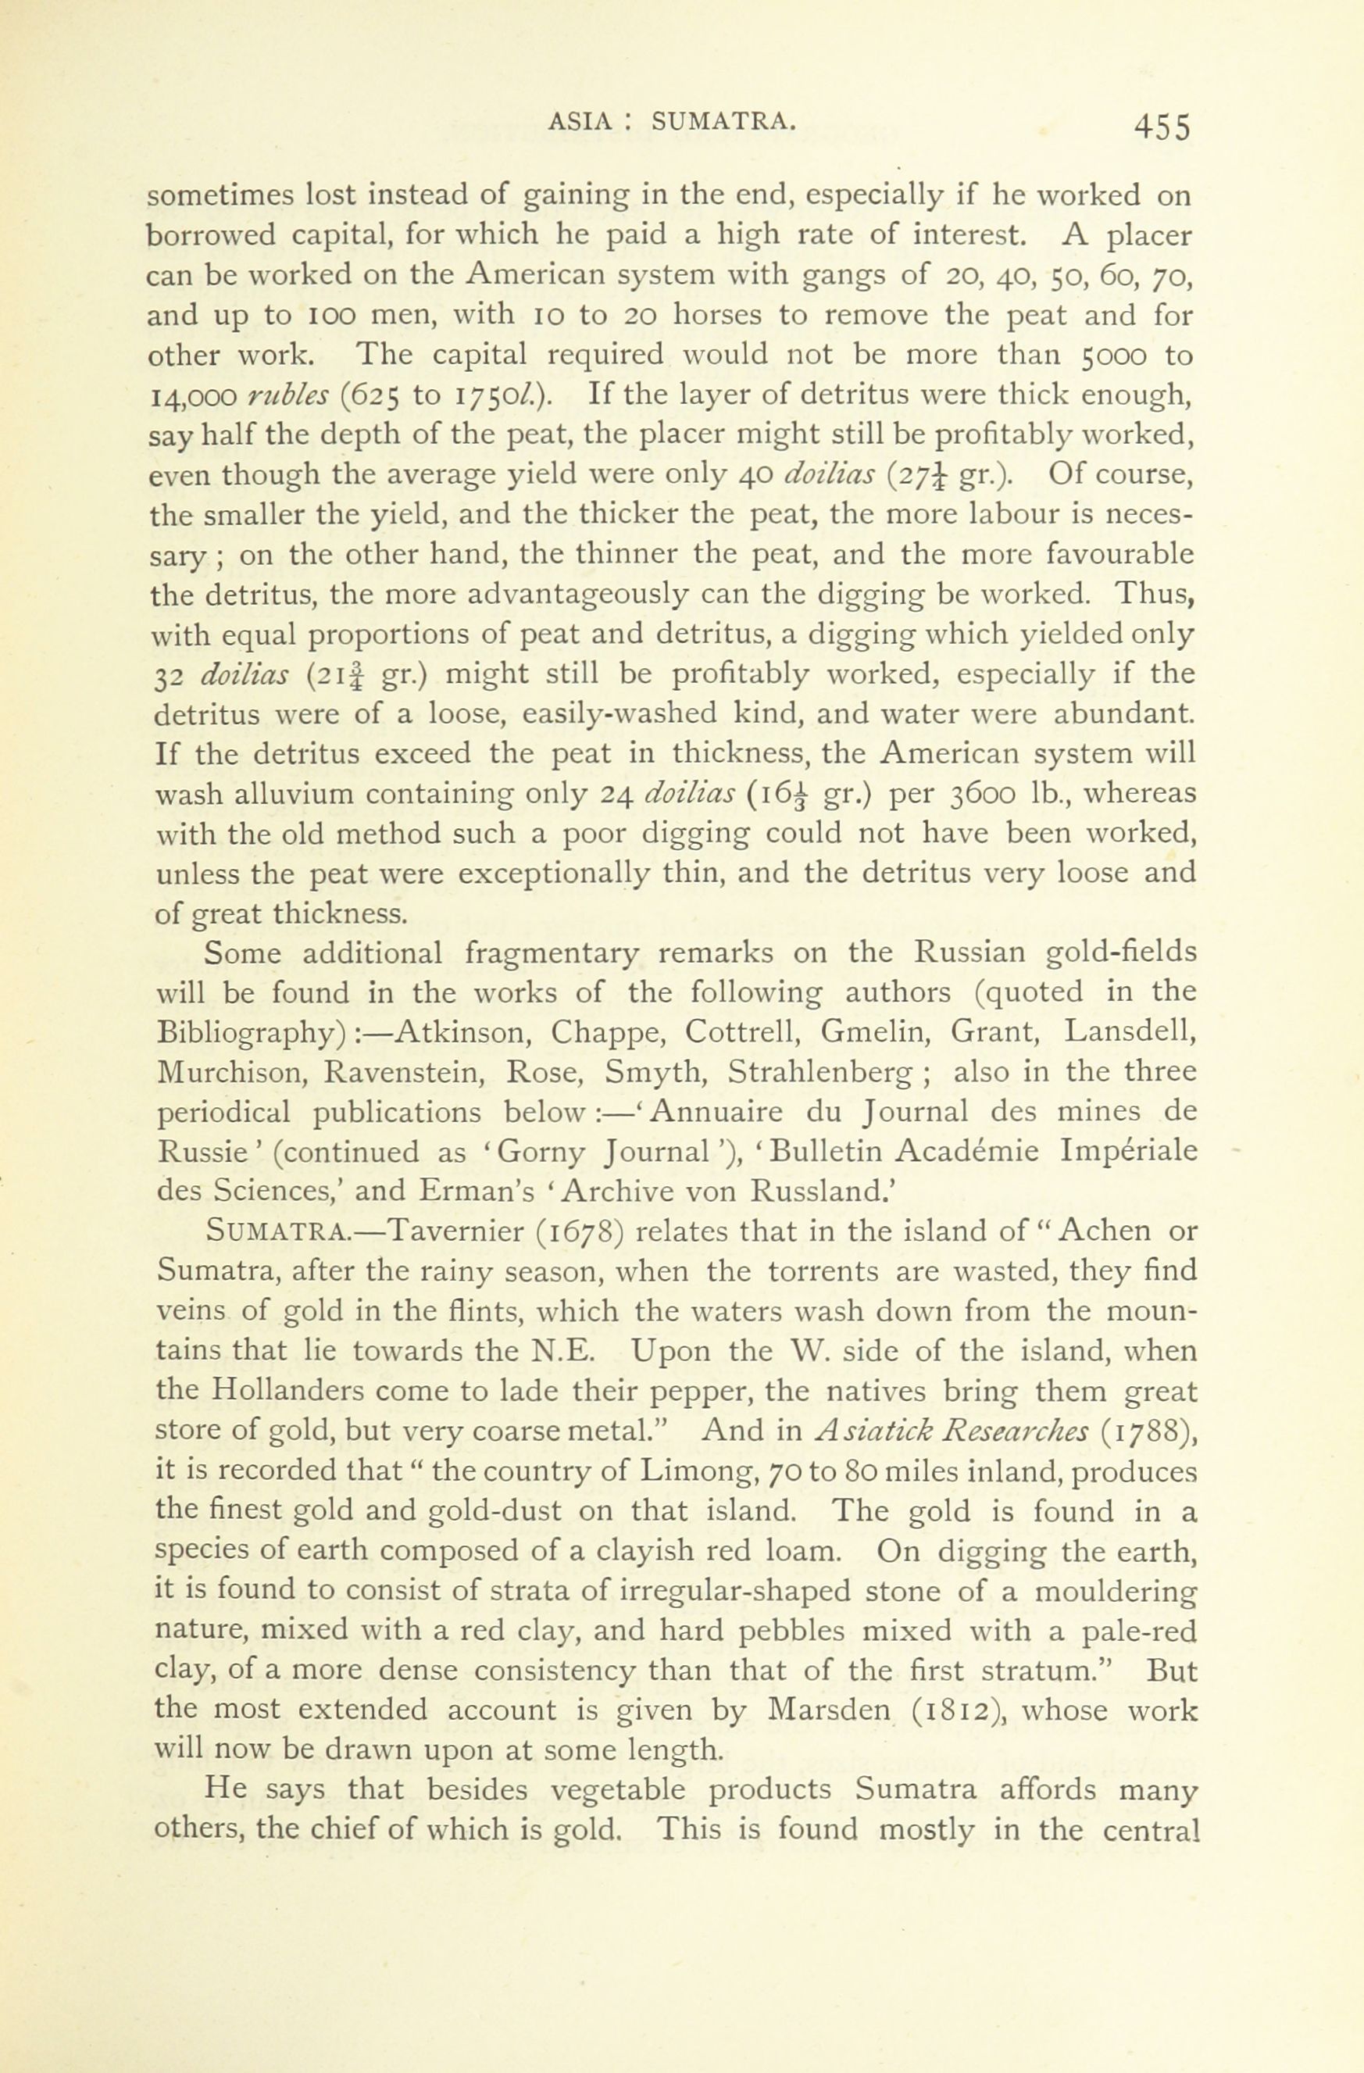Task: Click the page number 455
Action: pyautogui.click(x=1160, y=127)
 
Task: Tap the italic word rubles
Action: pyautogui.click(x=287, y=395)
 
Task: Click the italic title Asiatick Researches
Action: pyautogui.click(x=952, y=1431)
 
